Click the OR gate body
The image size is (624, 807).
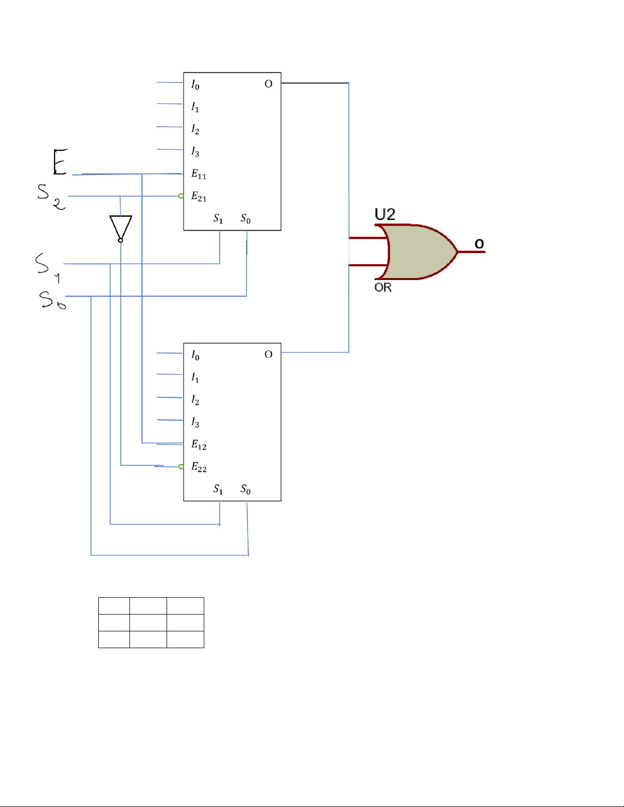[x=418, y=252]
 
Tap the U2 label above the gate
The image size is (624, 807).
[x=385, y=214]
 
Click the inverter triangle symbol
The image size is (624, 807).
[x=121, y=227]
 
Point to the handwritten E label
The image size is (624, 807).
[x=60, y=161]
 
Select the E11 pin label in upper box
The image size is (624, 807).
[x=199, y=174]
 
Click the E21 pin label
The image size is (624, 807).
[x=199, y=196]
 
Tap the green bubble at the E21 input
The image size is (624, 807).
[x=181, y=196]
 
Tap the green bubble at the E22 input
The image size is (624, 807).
[x=181, y=467]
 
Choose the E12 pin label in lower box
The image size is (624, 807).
[x=199, y=444]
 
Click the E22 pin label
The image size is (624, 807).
[x=199, y=467]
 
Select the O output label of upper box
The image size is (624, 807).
[x=268, y=84]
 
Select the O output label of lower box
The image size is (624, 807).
[x=268, y=354]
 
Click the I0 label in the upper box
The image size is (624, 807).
[x=195, y=85]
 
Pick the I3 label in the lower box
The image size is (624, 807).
[x=195, y=422]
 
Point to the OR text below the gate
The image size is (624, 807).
[x=383, y=288]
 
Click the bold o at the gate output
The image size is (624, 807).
[x=479, y=244]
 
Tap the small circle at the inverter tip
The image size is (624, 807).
[x=120, y=241]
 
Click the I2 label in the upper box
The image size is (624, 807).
[x=195, y=129]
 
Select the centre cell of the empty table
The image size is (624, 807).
[x=148, y=622]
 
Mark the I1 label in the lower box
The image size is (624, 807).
[x=195, y=377]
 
